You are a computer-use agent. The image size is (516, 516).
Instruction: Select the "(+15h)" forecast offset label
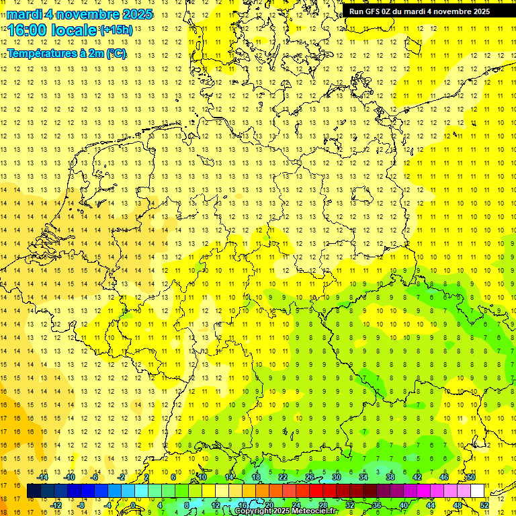tap(116, 30)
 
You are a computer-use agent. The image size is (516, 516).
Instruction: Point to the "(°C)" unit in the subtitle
tap(115, 53)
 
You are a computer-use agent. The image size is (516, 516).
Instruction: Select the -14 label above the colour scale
tap(43, 477)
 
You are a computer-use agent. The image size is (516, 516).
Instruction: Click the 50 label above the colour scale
tap(470, 477)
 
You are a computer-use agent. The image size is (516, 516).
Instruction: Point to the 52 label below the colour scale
tap(484, 504)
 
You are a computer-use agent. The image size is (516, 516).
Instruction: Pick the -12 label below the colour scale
tap(56, 504)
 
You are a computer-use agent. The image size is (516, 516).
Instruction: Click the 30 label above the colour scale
tap(336, 477)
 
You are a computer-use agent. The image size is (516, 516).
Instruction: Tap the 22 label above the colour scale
tap(282, 477)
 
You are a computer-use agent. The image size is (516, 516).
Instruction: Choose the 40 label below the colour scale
tap(403, 504)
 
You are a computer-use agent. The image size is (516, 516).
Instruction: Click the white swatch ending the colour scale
tap(477, 491)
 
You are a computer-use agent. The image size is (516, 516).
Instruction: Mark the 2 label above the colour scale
tap(146, 477)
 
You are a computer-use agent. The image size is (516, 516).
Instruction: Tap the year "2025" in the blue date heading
tap(137, 13)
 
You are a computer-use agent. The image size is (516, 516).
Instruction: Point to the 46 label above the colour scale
tap(443, 477)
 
